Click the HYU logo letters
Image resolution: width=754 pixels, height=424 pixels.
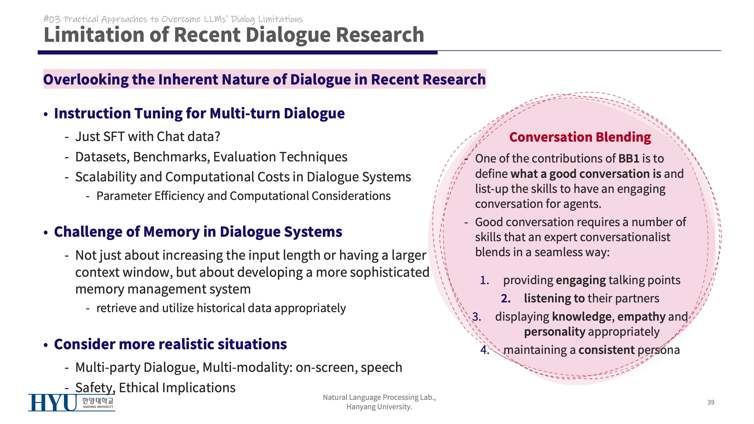53,403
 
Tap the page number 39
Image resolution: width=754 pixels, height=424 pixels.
711,402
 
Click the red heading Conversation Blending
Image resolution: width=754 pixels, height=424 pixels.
580,137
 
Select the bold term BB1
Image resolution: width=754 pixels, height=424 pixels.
629,159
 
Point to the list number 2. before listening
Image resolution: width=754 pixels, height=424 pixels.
506,299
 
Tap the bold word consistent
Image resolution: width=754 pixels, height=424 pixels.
607,350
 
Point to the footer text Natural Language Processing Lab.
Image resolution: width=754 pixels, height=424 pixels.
379,397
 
